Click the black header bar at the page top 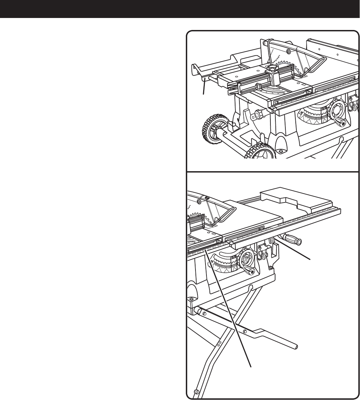point(180,9)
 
